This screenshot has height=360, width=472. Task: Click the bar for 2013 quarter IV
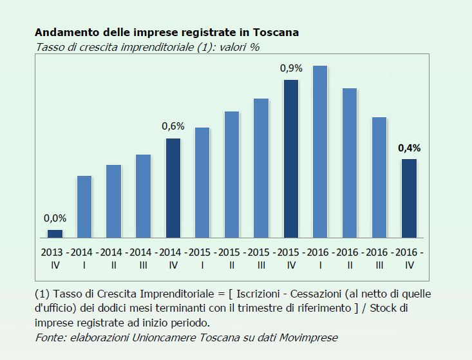tap(55, 234)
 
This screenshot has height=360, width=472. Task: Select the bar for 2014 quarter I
tap(84, 206)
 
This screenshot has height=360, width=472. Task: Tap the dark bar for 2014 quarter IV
tap(173, 187)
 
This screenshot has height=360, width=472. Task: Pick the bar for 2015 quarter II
tap(232, 174)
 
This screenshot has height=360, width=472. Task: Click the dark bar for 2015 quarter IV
tap(291, 158)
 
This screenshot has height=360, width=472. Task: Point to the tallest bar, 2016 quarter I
tap(320, 151)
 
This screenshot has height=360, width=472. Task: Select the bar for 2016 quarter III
tap(379, 177)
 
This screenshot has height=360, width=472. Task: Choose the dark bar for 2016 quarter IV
tap(409, 198)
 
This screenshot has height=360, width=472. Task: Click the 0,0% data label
tap(55, 218)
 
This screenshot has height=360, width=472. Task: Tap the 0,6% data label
tap(173, 126)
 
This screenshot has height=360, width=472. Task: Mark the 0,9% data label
tap(291, 68)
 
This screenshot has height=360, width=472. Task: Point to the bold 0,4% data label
tap(409, 147)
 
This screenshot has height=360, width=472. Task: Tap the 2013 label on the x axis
tap(52, 251)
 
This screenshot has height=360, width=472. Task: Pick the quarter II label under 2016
tap(350, 264)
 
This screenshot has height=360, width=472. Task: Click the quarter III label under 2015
tap(261, 264)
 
